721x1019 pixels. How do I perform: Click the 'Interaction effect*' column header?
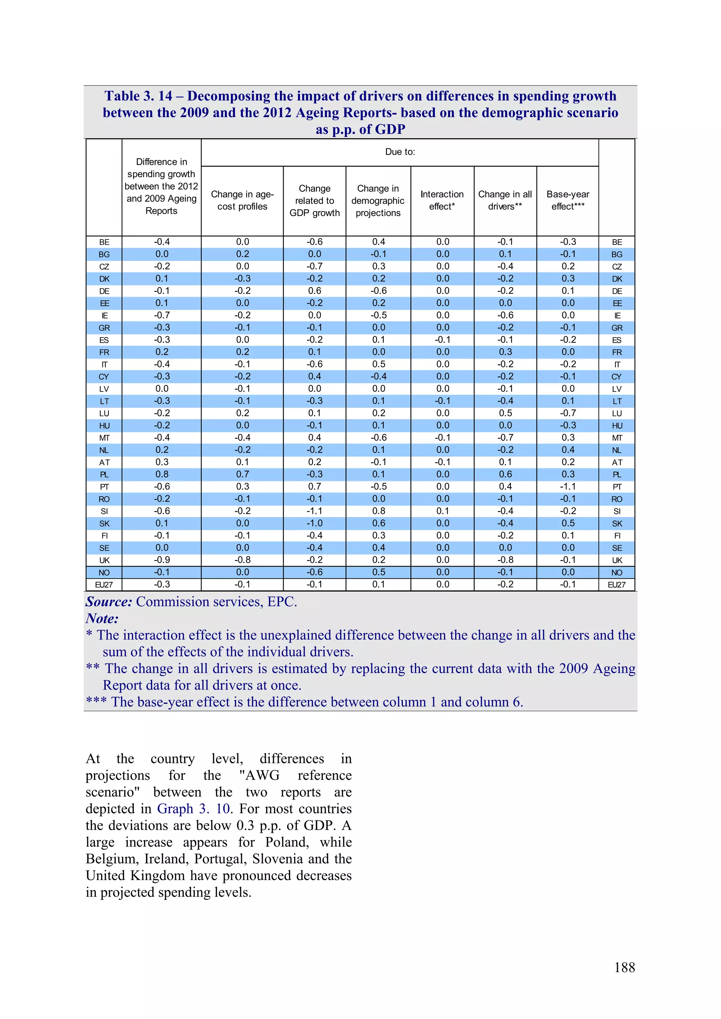(x=442, y=200)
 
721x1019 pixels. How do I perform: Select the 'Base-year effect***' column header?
(x=568, y=200)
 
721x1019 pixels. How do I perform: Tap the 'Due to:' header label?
(x=400, y=152)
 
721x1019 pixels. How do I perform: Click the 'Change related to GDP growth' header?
(x=314, y=200)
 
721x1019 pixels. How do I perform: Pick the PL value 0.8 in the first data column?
(x=162, y=475)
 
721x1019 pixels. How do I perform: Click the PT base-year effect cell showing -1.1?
(x=568, y=486)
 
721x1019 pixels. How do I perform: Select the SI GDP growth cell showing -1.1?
(x=314, y=511)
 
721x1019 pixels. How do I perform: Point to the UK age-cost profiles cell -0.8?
(x=243, y=560)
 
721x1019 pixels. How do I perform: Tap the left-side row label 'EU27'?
(x=104, y=585)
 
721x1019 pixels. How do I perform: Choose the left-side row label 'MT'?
(x=104, y=438)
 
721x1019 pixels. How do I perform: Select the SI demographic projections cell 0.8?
(x=378, y=511)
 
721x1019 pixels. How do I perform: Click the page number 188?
(x=624, y=968)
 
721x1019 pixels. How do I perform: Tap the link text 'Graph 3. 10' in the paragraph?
(x=194, y=809)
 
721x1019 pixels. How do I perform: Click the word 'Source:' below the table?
(x=109, y=602)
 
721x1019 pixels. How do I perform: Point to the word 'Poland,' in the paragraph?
(x=287, y=842)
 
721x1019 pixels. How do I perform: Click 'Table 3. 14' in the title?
(x=138, y=96)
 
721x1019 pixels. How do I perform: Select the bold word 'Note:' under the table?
(x=102, y=619)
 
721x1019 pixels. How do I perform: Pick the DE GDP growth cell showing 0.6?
(x=314, y=291)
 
